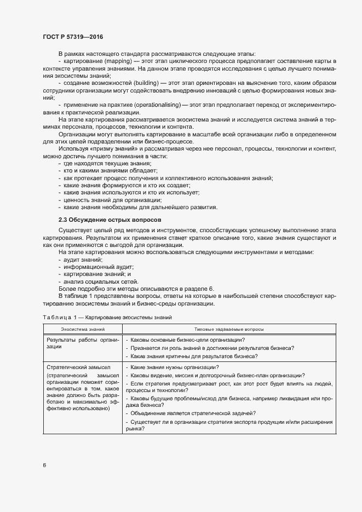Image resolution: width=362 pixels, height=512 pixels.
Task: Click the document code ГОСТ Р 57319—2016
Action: (x=73, y=37)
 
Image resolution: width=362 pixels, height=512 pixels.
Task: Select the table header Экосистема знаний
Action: (x=83, y=329)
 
